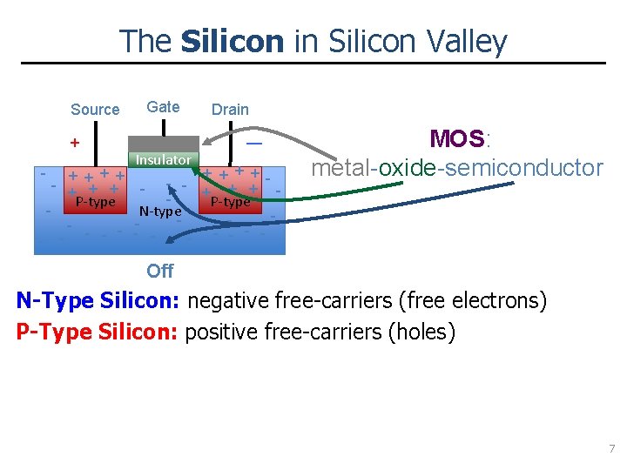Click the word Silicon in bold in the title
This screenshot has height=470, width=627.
pos(233,41)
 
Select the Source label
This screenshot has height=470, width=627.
pos(95,110)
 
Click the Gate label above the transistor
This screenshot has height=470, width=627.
pos(163,107)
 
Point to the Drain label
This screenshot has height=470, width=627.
pos(230,110)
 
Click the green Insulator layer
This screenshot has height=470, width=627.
pos(163,160)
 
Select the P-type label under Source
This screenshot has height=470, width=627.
pos(96,202)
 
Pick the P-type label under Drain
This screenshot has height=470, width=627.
pos(231,202)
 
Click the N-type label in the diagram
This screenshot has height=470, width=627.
pos(160,211)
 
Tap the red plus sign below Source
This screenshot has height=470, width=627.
pos(75,142)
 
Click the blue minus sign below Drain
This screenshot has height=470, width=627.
pos(254,142)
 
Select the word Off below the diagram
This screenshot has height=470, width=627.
pos(160,271)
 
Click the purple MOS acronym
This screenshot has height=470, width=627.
pos(456,139)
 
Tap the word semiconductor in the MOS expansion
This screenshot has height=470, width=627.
pos(521,167)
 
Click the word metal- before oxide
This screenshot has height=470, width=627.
pos(342,167)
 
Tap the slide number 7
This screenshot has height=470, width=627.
pos(611,449)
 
